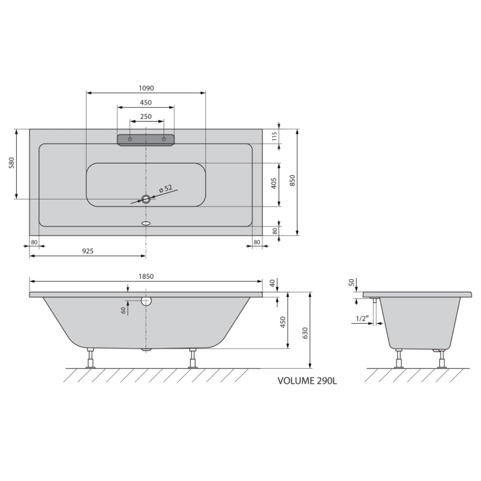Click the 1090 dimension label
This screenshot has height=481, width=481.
coord(146,89)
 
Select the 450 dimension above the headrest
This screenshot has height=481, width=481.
coord(146,103)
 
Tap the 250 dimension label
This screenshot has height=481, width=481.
coord(146,117)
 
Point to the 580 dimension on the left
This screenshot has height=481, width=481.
coord(12,163)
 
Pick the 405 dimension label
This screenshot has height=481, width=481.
coord(274,183)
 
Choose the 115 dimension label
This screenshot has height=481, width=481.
coord(274,136)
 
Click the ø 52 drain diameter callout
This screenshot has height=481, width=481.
coord(166,189)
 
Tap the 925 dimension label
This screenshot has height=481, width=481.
coord(88,251)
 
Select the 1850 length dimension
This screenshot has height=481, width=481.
coord(146,276)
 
